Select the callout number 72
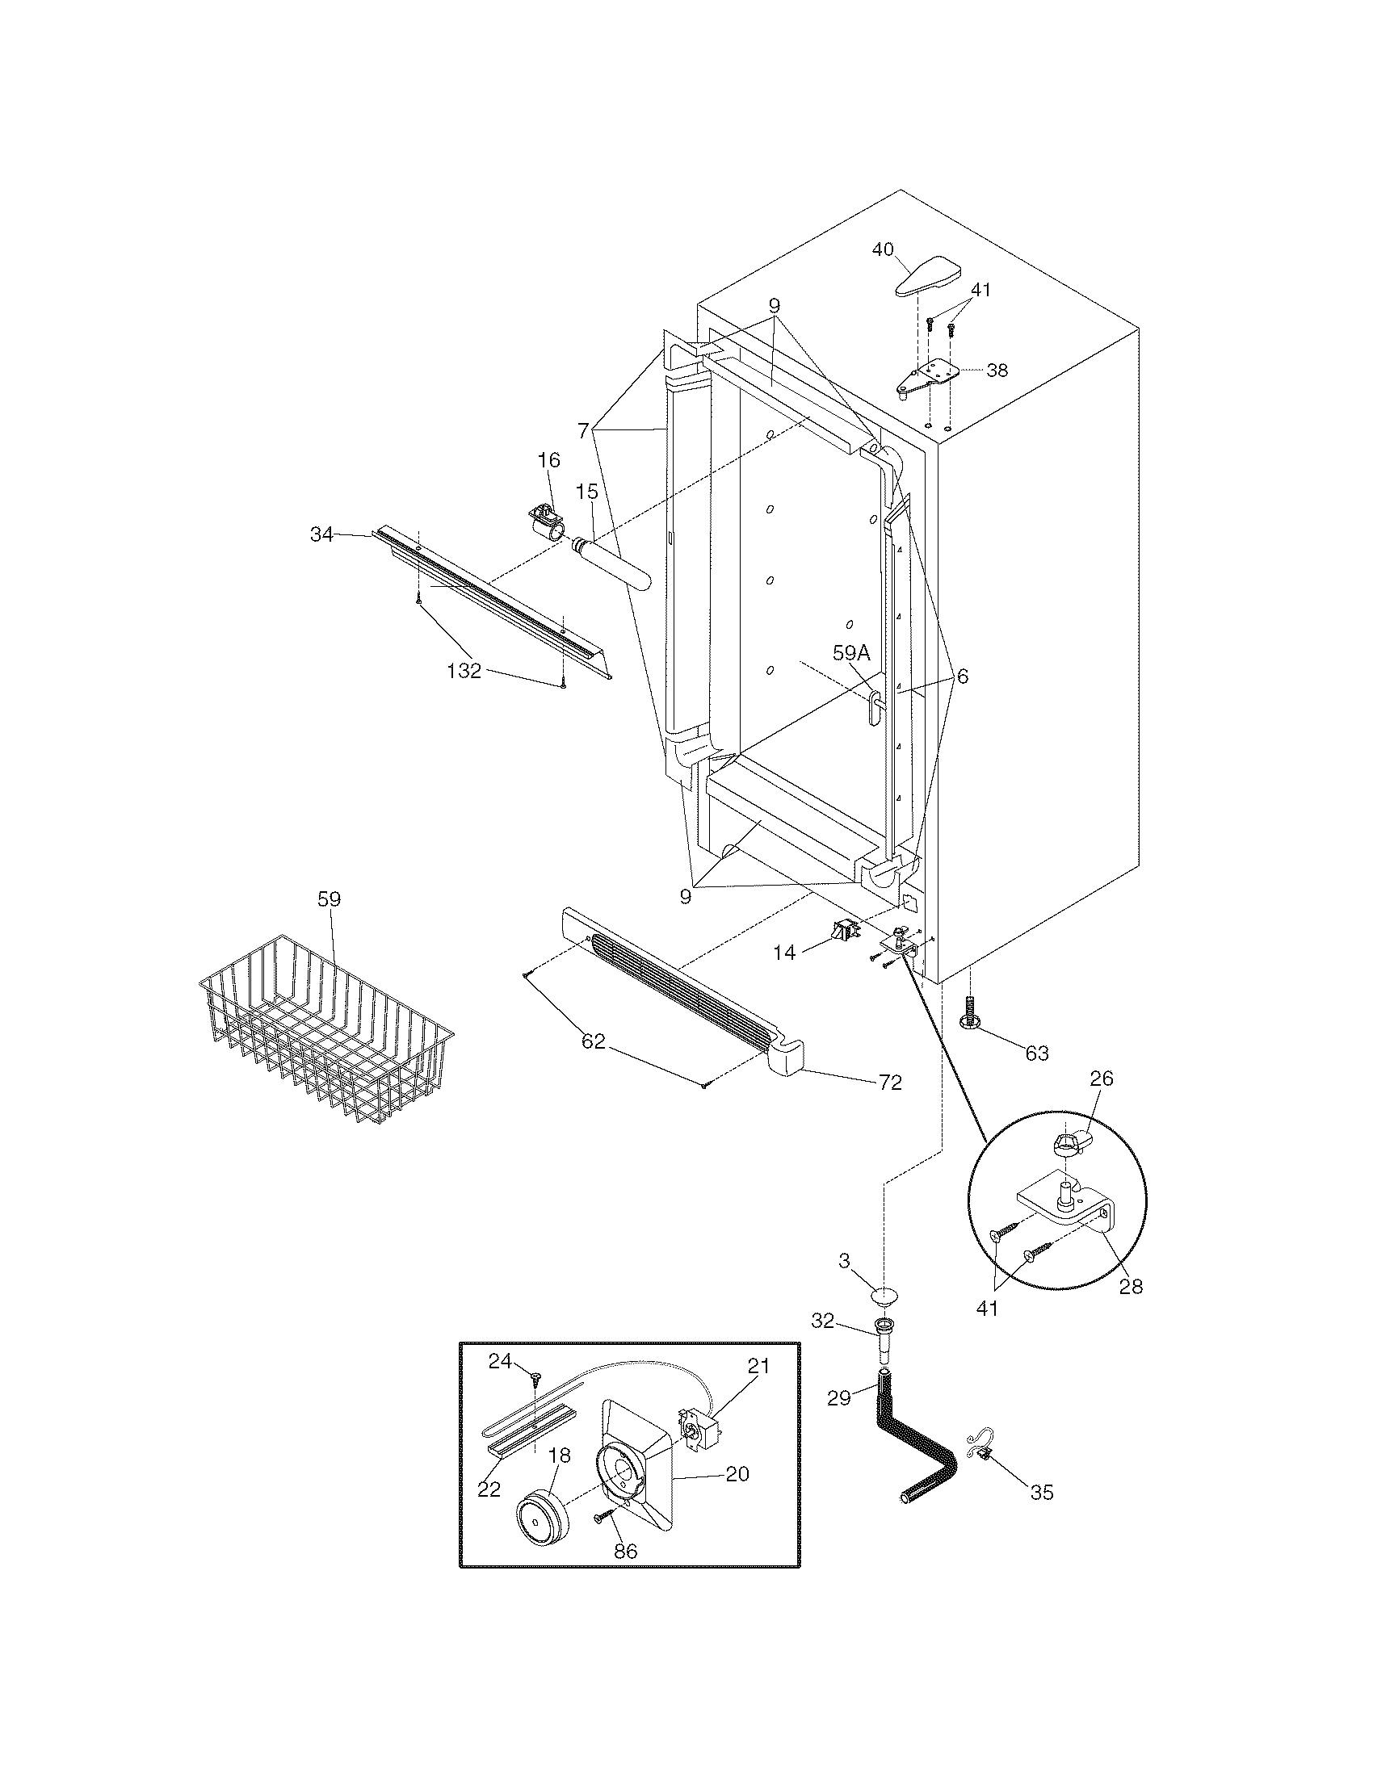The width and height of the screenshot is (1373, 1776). [890, 1083]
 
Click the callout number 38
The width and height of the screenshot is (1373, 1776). [997, 371]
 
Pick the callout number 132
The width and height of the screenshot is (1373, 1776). [464, 671]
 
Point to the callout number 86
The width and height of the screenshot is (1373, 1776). [625, 1573]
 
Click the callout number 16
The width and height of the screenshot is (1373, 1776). [549, 461]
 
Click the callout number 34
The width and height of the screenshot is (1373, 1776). [322, 534]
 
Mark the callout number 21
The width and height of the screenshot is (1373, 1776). [758, 1367]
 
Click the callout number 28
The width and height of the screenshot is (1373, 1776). [1131, 1287]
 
